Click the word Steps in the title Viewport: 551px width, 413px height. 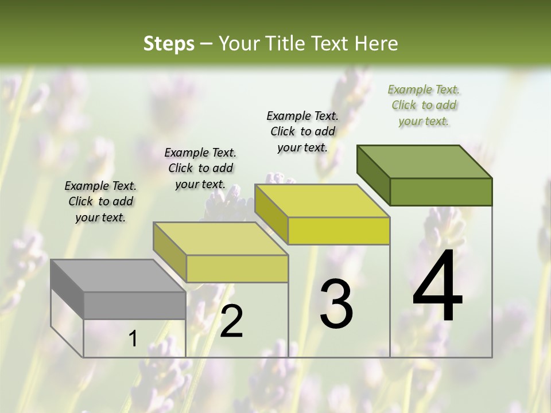(x=169, y=44)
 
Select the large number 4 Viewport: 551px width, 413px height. (x=437, y=287)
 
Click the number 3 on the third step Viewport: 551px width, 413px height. (x=336, y=304)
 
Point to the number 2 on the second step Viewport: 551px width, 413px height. (x=231, y=322)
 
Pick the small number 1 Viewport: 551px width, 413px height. (x=133, y=339)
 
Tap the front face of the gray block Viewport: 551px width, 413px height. (x=135, y=305)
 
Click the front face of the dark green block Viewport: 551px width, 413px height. (x=441, y=192)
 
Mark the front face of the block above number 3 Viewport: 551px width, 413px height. (x=339, y=231)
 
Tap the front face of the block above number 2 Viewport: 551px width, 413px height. (x=237, y=268)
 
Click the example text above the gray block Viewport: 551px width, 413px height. (x=100, y=201)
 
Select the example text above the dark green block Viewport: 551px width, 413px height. (x=424, y=105)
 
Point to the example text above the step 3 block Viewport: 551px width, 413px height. (x=302, y=131)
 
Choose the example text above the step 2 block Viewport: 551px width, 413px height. (x=200, y=168)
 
